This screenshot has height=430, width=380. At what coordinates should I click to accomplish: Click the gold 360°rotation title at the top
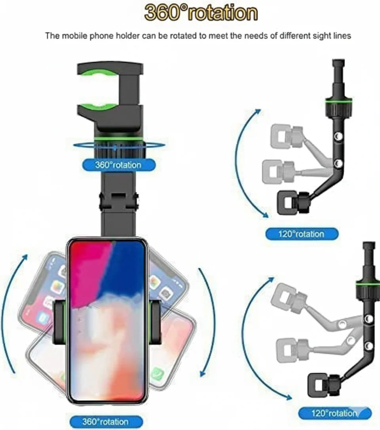201,13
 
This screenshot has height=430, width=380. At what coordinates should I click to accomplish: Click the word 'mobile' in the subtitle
74,36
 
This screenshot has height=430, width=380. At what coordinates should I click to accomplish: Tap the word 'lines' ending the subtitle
342,36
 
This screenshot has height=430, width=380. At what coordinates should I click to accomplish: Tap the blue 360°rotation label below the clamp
119,165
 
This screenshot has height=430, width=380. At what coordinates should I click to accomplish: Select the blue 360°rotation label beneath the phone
106,421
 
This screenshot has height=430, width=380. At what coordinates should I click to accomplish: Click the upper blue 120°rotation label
302,234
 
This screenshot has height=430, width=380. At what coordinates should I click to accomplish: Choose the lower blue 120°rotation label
335,413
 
